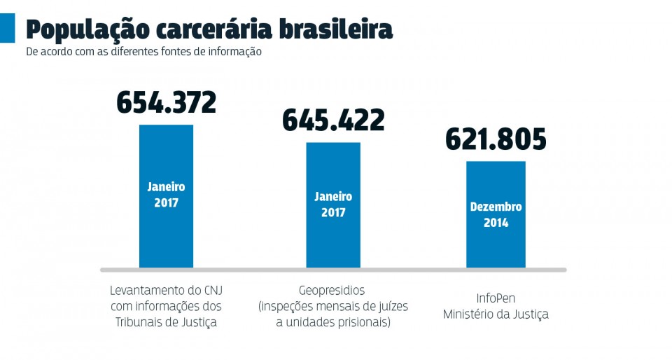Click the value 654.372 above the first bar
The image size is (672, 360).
[166, 103]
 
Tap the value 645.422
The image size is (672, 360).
[333, 120]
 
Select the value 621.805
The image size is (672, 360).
[496, 139]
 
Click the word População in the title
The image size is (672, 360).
[87, 29]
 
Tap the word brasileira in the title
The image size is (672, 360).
[335, 29]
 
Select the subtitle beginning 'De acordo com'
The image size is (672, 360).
[143, 52]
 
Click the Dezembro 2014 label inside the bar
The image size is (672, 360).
[496, 215]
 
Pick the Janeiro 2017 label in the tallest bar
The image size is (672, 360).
[166, 195]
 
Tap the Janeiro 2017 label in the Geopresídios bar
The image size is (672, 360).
[333, 205]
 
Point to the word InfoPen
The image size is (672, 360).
[496, 298]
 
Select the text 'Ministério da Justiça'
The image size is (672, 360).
[496, 314]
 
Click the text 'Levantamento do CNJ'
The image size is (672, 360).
[166, 290]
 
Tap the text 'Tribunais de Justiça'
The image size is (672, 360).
[166, 322]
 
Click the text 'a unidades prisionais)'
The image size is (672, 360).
[333, 322]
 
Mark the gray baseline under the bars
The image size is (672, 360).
[333, 270]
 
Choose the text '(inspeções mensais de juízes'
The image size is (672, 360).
[333, 306]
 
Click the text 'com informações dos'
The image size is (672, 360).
[166, 306]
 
